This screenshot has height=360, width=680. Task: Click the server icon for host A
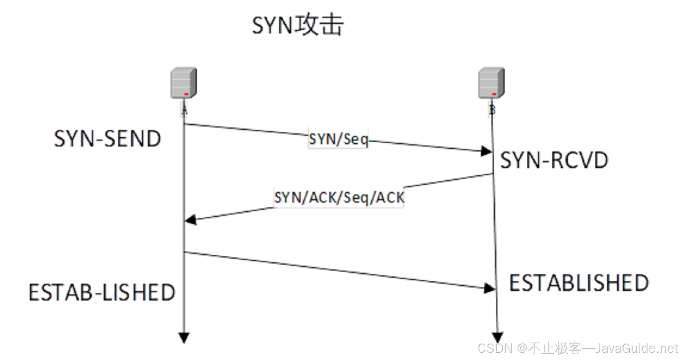[x=184, y=83]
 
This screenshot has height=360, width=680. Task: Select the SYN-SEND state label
[x=107, y=139]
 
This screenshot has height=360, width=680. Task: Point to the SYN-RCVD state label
[x=554, y=161]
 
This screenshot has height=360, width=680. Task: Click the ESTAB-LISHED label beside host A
[x=102, y=293]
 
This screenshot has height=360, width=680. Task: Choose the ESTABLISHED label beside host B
[x=579, y=283]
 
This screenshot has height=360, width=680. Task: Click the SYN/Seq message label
[x=338, y=140]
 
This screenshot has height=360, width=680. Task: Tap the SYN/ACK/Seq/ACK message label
[x=339, y=198]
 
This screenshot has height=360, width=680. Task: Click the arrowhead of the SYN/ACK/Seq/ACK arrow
[x=190, y=220]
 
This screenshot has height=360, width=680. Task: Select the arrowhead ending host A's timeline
[x=184, y=338]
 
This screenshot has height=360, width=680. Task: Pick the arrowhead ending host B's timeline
[x=498, y=338]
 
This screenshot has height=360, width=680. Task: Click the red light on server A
[x=186, y=93]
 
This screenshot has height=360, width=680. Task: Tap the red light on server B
[x=494, y=93]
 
